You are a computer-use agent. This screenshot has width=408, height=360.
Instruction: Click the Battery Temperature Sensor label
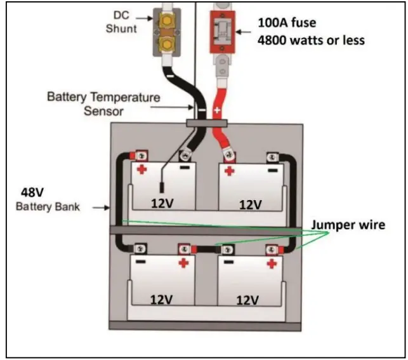click(x=103, y=104)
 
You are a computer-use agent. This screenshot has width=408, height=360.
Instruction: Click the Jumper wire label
click(x=348, y=225)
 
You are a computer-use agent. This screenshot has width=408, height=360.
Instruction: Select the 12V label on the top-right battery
click(x=251, y=204)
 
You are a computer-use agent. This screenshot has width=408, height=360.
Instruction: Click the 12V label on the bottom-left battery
click(x=164, y=299)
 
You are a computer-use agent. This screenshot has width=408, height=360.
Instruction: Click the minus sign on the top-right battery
click(x=272, y=170)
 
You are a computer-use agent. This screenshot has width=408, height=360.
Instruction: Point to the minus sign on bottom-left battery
click(x=140, y=262)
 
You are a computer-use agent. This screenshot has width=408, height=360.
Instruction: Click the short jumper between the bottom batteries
click(x=207, y=250)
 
